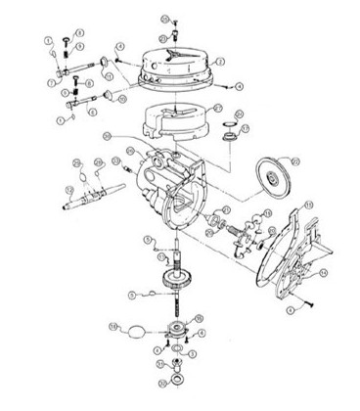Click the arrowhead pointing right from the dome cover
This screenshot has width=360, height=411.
pos(236,87)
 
